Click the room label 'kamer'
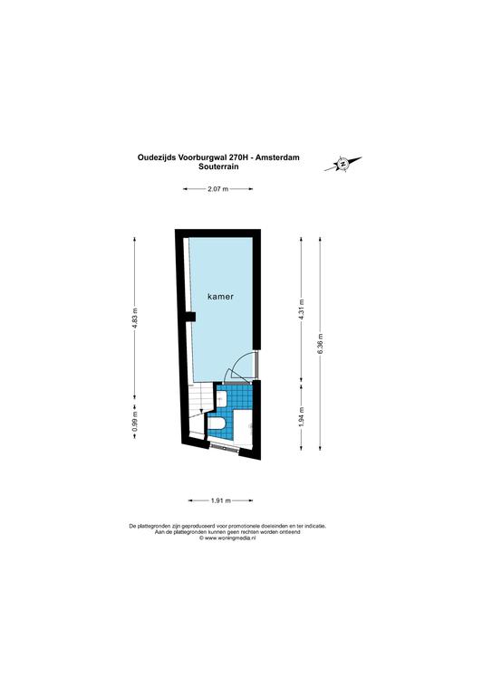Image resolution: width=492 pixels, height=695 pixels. tap(220, 297)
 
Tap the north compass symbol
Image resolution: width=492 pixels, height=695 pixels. tap(342, 164)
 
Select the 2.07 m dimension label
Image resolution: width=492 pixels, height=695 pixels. tap(217, 189)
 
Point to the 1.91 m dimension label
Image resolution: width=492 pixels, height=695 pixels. tap(220, 500)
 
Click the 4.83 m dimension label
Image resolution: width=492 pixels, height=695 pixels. tap(135, 319)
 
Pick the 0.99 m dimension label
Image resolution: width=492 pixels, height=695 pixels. tap(135, 421)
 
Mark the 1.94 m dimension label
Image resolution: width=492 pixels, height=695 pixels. tap(301, 417)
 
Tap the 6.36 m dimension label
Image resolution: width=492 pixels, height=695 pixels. tap(321, 344)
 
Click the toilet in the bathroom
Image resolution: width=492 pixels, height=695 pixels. tap(217, 425)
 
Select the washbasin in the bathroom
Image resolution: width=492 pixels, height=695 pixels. tap(221, 398)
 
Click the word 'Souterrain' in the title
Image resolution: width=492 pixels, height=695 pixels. tap(218, 167)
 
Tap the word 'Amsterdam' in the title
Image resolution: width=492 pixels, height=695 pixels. tap(281, 157)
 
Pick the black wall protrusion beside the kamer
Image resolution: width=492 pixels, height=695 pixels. tap(190, 317)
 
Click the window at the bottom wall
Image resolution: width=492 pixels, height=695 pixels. tap(225, 447)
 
